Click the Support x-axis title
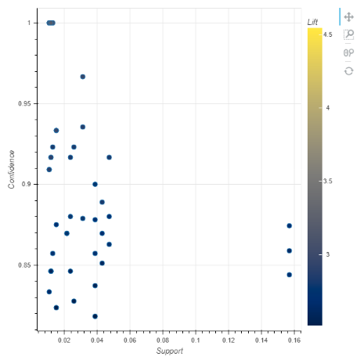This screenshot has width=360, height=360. (170, 351)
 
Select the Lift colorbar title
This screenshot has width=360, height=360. (314, 23)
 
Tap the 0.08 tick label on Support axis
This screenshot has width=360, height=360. (163, 340)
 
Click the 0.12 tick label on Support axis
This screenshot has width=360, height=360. (229, 340)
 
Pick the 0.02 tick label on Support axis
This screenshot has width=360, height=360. (64, 340)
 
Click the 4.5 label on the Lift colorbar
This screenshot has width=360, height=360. (328, 34)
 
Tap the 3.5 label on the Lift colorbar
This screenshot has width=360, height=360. (328, 181)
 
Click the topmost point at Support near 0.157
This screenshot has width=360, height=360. (290, 225)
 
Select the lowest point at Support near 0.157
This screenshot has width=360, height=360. (290, 275)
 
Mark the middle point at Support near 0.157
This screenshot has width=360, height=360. (290, 250)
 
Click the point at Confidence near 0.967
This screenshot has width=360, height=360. (83, 77)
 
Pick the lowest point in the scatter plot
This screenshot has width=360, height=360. (95, 316)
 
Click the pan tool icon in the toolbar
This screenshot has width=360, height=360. (349, 16)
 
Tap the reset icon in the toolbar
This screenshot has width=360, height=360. (349, 70)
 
